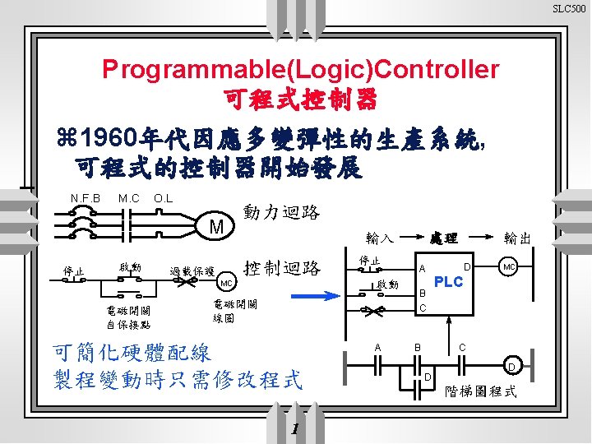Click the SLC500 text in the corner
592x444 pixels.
click(x=569, y=9)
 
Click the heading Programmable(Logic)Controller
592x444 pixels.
click(x=300, y=70)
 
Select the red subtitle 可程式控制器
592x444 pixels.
click(x=300, y=100)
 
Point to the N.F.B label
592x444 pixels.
click(x=85, y=198)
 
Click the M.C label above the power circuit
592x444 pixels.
click(x=128, y=198)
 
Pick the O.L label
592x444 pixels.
click(x=163, y=198)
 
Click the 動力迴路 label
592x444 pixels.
click(x=282, y=212)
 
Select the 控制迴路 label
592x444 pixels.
click(x=282, y=268)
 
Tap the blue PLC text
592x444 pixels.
click(x=449, y=282)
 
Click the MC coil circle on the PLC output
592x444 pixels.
click(x=509, y=267)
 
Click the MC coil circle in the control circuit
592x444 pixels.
click(x=226, y=282)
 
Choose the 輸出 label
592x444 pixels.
click(x=518, y=238)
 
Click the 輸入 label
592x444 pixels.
click(x=379, y=239)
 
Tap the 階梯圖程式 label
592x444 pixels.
click(x=481, y=391)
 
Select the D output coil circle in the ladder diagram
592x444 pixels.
click(x=511, y=366)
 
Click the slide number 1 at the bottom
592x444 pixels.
click(x=296, y=429)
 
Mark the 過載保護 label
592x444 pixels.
click(x=192, y=271)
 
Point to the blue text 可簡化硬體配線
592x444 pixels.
click(x=132, y=354)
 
